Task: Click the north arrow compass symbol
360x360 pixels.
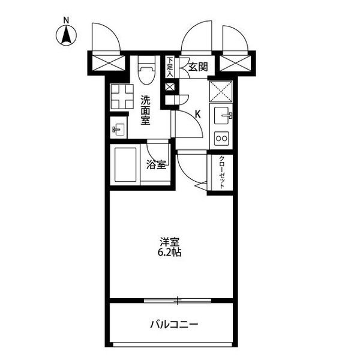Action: pyautogui.click(x=66, y=35)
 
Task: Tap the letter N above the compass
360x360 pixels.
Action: pyautogui.click(x=66, y=20)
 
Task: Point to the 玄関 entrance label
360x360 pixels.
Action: pyautogui.click(x=198, y=67)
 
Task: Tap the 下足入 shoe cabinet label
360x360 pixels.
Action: pyautogui.click(x=170, y=67)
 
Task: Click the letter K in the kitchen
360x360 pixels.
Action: pyautogui.click(x=197, y=114)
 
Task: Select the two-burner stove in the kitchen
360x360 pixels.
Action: pyautogui.click(x=221, y=139)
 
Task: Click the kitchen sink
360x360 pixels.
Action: pyautogui.click(x=222, y=115)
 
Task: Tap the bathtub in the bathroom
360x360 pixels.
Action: pyautogui.click(x=125, y=164)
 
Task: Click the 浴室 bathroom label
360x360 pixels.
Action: pyautogui.click(x=156, y=164)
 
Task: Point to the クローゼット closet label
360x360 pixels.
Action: pyautogui.click(x=222, y=172)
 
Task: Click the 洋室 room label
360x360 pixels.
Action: pyautogui.click(x=169, y=242)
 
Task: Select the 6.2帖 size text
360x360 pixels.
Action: pyautogui.click(x=169, y=253)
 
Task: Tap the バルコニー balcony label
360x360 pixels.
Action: pyautogui.click(x=174, y=325)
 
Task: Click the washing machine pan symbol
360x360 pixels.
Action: pyautogui.click(x=122, y=97)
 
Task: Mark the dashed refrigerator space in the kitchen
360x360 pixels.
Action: pyautogui.click(x=221, y=91)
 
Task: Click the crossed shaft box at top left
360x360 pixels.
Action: pyautogui.click(x=108, y=63)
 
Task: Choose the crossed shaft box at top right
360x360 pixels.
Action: pyautogui.click(x=235, y=63)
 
